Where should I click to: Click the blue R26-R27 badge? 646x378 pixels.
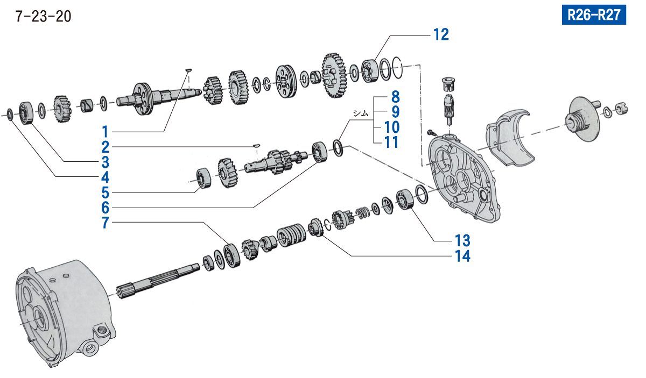point(594,15)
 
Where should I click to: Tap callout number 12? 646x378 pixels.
point(440,35)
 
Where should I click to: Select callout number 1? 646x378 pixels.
point(106,131)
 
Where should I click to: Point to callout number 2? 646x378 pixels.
point(106,146)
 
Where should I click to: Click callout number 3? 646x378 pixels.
point(106,162)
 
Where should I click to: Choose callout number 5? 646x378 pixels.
point(106,192)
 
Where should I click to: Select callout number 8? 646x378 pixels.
point(396,98)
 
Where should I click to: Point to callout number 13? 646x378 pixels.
point(461,239)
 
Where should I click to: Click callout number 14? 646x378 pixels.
point(461,256)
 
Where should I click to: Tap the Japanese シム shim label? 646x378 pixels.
point(360,113)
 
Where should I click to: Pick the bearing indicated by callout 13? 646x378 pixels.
point(404,199)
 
